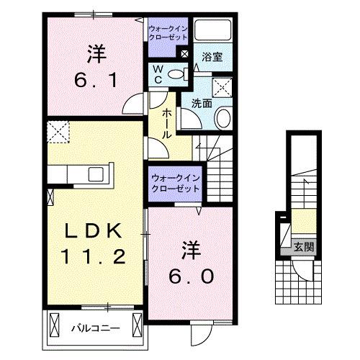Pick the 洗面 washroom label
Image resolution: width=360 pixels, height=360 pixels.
201,103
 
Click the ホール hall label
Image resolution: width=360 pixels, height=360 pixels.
166,124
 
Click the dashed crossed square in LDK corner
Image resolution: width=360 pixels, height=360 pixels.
57,131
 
